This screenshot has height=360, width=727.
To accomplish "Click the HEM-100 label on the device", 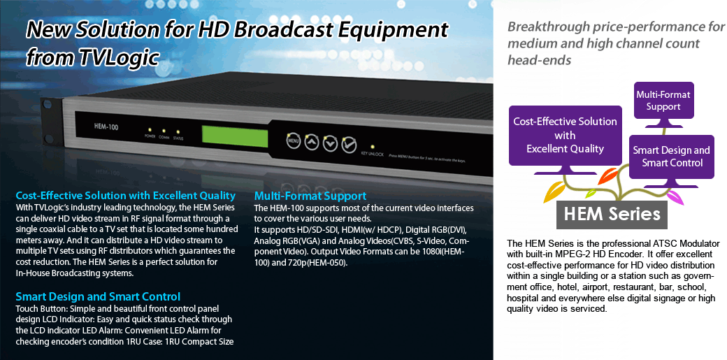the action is (106, 127).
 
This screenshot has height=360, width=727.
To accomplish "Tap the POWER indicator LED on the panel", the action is (149, 130).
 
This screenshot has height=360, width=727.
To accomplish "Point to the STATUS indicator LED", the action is (178, 132).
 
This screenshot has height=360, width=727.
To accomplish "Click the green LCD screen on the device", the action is (235, 136).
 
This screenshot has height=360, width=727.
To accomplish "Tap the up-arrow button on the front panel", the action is (312, 142).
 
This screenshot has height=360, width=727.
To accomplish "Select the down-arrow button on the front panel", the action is (330, 143).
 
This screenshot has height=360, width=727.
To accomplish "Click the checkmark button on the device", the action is (349, 145).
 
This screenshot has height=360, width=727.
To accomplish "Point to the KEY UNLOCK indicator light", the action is (373, 147).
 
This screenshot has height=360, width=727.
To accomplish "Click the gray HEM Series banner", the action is (612, 215).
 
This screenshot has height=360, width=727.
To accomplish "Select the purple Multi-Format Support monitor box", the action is (663, 100).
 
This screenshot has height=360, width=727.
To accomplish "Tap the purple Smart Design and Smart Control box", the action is (671, 157).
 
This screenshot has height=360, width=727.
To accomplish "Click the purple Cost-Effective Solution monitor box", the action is (566, 136).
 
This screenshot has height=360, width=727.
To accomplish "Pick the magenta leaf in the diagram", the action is (674, 198).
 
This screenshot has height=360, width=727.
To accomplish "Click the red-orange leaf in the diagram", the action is (608, 176).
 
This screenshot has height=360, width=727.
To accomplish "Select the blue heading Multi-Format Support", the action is (310, 196).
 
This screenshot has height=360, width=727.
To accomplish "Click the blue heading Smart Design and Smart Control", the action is (98, 296).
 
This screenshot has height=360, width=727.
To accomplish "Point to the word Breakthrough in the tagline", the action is (548, 27).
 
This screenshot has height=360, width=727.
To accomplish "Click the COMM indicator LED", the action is (163, 131).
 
